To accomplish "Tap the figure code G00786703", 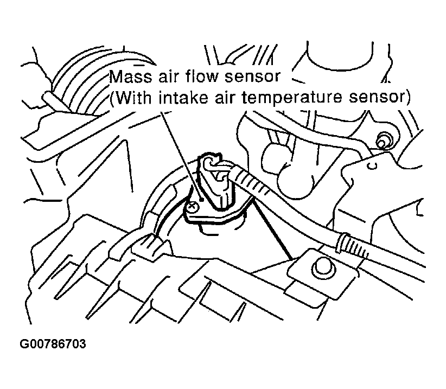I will pyautogui.click(x=53, y=346).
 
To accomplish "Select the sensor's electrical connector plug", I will pyautogui.click(x=215, y=174).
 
